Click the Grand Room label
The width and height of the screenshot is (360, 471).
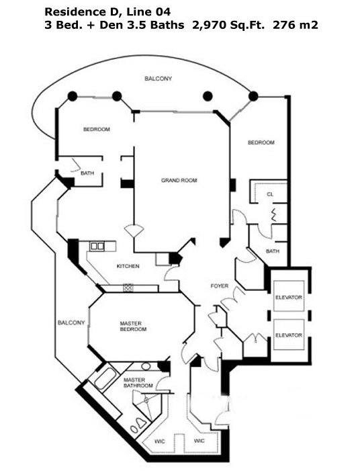pos(179,180)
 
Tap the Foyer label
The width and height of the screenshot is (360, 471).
pos(219,286)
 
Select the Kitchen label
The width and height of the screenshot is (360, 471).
pos(128,266)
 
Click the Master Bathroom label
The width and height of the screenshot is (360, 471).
pos(138,383)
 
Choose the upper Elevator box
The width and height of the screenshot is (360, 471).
pos(289,296)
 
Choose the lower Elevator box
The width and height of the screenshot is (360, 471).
pos(289,334)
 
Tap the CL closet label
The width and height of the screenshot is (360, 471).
pos(270,194)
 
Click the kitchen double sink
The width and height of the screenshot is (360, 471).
pos(97,247)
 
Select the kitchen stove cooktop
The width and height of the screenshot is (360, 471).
pos(128,288)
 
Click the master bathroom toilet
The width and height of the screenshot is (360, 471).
pos(140,423)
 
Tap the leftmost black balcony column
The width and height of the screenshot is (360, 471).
pos(73,96)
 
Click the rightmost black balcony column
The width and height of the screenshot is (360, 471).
pos(253,96)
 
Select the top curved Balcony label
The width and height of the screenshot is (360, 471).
pos(159,79)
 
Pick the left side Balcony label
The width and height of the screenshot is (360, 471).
pos(71,323)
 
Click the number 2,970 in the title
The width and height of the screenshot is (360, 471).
pos(210,26)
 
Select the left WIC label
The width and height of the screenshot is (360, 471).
pos(159,441)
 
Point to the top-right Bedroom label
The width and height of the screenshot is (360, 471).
pos(261,142)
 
